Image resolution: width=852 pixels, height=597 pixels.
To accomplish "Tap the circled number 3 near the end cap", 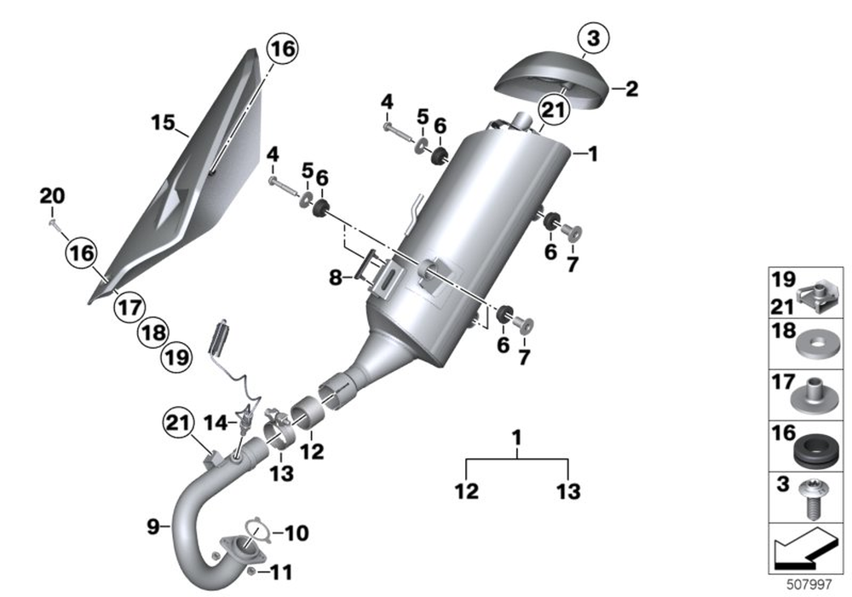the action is coord(592,38).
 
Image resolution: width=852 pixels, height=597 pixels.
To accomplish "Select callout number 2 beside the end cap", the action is coord(631,88).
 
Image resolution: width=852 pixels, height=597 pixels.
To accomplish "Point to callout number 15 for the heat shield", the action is coord(163,124).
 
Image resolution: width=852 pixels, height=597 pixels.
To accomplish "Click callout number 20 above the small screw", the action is coord(51,196).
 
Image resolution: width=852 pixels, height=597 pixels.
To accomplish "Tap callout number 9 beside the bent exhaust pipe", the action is coord(153,527).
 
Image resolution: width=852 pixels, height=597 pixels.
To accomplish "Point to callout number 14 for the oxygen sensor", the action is coord(215,421).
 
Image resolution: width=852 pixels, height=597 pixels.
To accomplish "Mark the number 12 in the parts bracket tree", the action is coord(467,490).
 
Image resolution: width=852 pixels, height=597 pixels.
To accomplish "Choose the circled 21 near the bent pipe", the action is coord(176,422).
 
